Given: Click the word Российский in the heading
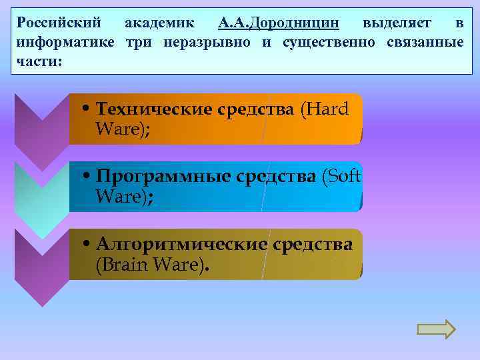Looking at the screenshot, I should (59, 23).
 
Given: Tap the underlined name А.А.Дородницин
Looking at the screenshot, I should (279, 23).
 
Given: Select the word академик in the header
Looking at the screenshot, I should (160, 23).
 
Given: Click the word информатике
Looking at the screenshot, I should (66, 43).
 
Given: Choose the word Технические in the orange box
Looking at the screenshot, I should (154, 109).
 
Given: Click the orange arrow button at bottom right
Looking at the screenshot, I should (435, 329).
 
